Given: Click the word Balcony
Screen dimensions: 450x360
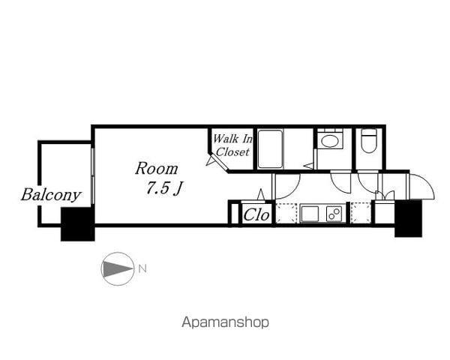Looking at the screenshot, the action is pyautogui.click(x=51, y=196).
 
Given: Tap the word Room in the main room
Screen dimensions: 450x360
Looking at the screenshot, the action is pyautogui.click(x=157, y=169).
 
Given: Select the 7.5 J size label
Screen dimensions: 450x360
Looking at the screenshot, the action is pyautogui.click(x=164, y=188).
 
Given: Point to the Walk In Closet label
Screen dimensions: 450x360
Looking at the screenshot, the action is pyautogui.click(x=232, y=145).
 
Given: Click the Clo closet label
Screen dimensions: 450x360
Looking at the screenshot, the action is pyautogui.click(x=256, y=214).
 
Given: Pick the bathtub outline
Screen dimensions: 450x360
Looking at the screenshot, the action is pyautogui.click(x=270, y=149).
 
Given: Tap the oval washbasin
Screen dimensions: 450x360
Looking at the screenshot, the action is pyautogui.click(x=330, y=141).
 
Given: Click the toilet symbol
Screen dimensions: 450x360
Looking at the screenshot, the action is pyautogui.click(x=369, y=141).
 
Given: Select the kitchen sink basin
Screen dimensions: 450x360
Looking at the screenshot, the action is pyautogui.click(x=309, y=214).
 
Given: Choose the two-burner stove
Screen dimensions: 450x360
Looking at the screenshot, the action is pyautogui.click(x=334, y=214).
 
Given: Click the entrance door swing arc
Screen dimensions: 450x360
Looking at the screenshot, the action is pyautogui.click(x=424, y=184).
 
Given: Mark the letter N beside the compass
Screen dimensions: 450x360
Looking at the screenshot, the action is pyautogui.click(x=142, y=269).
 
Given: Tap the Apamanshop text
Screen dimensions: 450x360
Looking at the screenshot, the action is pyautogui.click(x=226, y=322).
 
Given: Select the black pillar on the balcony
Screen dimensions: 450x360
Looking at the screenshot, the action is pyautogui.click(x=77, y=224).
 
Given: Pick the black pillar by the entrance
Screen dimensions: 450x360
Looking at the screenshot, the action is pyautogui.click(x=408, y=218).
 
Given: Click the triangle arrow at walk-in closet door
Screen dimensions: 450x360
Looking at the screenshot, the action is pyautogui.click(x=211, y=160).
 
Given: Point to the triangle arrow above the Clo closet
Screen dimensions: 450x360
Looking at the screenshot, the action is pyautogui.click(x=261, y=194).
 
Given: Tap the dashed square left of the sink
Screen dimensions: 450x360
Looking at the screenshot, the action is pyautogui.click(x=286, y=213).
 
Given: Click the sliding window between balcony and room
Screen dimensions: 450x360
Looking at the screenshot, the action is pyautogui.click(x=93, y=175).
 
